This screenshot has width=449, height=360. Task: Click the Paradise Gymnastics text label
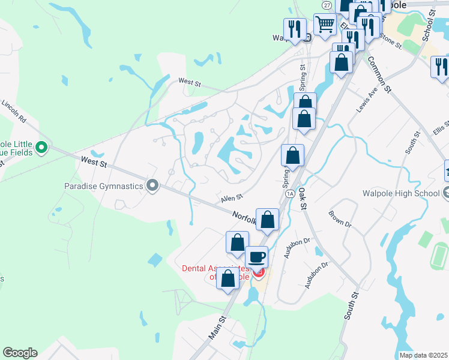pyautogui.click(x=103, y=186)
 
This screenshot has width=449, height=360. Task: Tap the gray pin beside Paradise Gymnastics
pyautogui.click(x=152, y=186)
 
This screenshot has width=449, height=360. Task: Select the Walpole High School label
pyautogui.click(x=400, y=193)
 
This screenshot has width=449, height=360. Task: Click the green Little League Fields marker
pyautogui.click(x=41, y=147)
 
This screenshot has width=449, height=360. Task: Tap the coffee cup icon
pyautogui.click(x=257, y=257)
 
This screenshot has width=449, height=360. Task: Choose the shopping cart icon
pyautogui.click(x=325, y=25)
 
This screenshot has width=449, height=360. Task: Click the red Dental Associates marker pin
pyautogui.click(x=259, y=273)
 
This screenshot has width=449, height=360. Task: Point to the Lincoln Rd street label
pyautogui.click(x=14, y=112)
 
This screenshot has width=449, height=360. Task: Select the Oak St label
pyautogui.click(x=302, y=197)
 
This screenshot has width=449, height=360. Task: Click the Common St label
pyautogui.click(x=379, y=74)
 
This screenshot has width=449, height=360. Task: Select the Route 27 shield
pyautogui.click(x=327, y=5)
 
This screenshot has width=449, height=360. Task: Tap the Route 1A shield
pyautogui.click(x=291, y=194)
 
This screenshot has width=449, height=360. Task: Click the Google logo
pyautogui.click(x=20, y=353)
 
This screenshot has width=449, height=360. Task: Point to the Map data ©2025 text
pyautogui.click(x=423, y=355)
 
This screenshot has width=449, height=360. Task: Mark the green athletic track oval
pyautogui.click(x=439, y=255)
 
